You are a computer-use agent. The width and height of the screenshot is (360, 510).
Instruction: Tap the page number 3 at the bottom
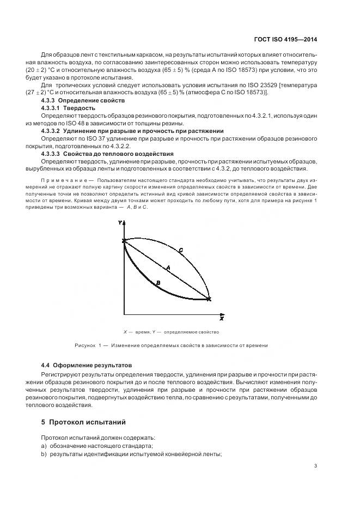coord(316,465)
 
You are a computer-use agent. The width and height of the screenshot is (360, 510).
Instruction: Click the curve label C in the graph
coord(181,250)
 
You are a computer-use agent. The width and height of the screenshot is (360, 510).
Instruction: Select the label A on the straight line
coord(168,267)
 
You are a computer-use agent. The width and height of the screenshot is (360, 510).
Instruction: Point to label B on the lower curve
coord(157,282)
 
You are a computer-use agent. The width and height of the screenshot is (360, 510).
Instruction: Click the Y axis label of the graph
coord(120,223)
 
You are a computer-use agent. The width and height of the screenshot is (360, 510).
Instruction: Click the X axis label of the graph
coord(222,318)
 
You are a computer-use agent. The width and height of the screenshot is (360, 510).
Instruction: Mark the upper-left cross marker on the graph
coord(125,240)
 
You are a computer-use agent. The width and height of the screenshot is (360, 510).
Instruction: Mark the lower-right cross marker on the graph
coord(209,299)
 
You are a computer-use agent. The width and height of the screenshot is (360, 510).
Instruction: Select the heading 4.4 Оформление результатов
coord(86,365)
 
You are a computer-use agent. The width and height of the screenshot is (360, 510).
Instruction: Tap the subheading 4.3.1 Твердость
coord(68,108)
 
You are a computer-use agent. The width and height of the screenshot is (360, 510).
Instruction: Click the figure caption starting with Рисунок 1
coord(170,345)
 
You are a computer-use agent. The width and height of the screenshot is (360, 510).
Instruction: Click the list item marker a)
coord(43,446)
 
